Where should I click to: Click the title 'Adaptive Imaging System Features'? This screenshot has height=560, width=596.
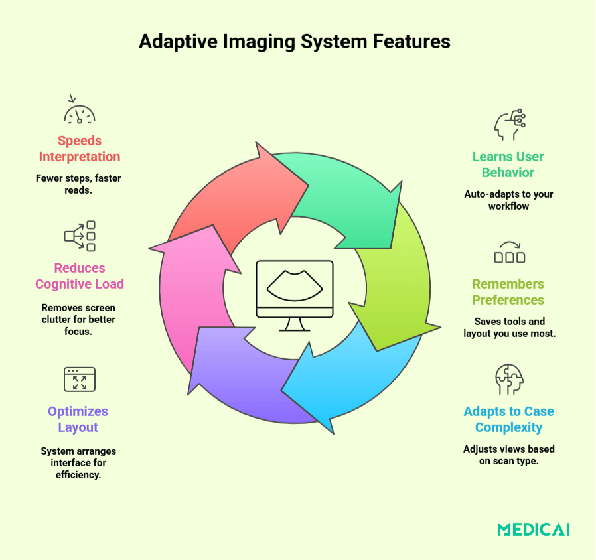click(x=295, y=42)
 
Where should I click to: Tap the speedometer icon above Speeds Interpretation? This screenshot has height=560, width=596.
click(x=80, y=111)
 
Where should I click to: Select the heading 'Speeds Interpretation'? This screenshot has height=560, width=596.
click(x=80, y=149)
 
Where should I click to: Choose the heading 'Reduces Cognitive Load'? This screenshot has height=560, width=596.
click(x=80, y=276)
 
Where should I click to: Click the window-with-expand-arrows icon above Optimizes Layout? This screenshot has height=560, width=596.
click(x=80, y=379)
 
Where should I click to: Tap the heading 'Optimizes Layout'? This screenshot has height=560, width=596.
click(x=78, y=419)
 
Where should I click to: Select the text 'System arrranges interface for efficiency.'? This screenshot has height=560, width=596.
click(x=78, y=463)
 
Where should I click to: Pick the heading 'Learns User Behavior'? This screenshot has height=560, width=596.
click(x=508, y=165)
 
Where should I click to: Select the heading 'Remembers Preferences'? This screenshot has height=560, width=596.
click(x=508, y=292)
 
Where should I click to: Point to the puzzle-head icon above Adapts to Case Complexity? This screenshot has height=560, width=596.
click(x=509, y=380)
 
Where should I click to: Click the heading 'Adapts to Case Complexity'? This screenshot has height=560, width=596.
click(x=508, y=419)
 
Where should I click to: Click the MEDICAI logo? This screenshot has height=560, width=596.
click(x=533, y=529)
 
